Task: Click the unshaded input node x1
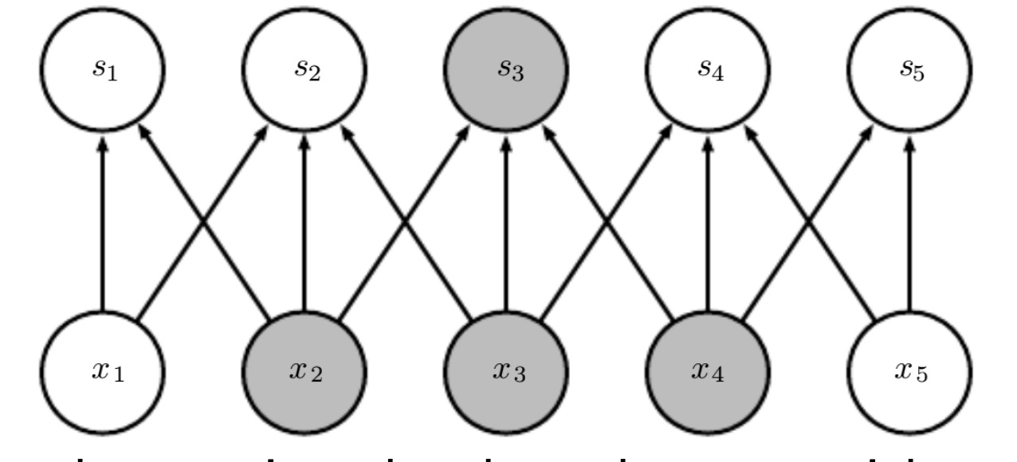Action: click(x=102, y=371)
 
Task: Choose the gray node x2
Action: click(x=304, y=371)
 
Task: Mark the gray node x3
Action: click(x=505, y=371)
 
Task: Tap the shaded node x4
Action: click(x=707, y=371)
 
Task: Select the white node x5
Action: click(x=909, y=371)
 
